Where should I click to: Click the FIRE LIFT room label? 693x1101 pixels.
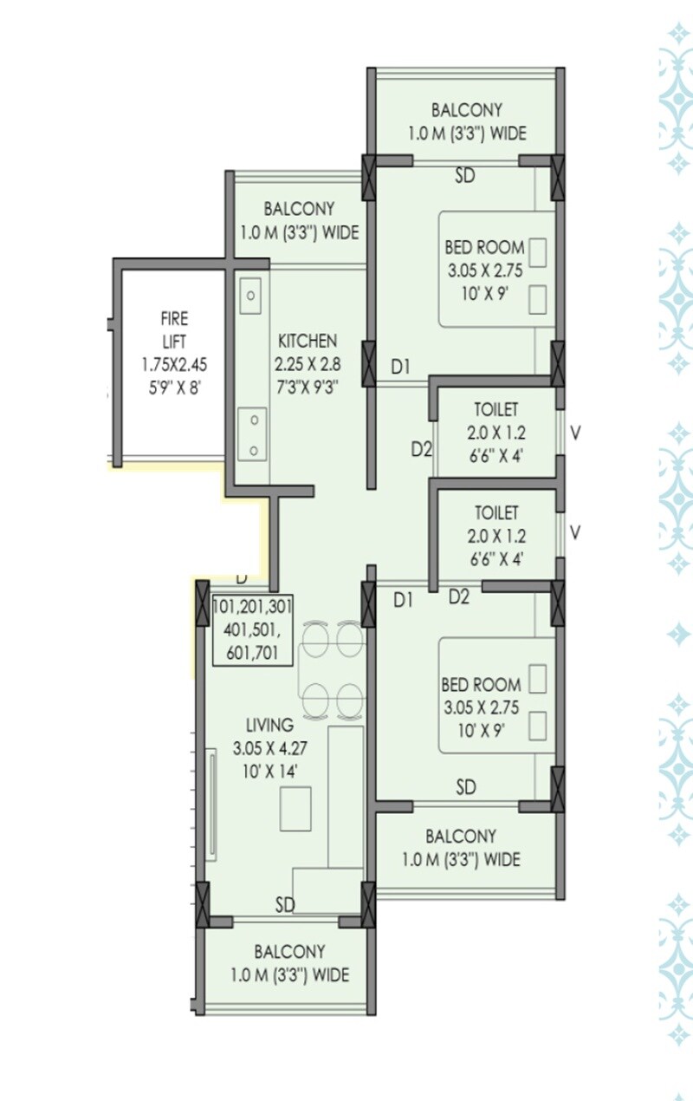coord(173,330)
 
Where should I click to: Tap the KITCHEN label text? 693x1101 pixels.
coord(308,341)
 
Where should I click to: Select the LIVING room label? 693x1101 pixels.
coord(269,725)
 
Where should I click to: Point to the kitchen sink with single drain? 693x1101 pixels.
coord(250,296)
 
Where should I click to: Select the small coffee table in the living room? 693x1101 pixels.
coord(295,808)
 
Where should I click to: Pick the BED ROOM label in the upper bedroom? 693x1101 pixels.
coord(484,248)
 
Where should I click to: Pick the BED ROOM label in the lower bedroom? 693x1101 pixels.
coord(481,685)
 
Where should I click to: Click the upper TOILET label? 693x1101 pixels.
coord(496,409)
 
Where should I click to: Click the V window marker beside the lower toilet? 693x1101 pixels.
coord(574,531)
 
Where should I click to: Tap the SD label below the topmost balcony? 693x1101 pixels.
coord(465,176)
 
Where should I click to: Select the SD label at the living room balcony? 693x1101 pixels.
coord(286,905)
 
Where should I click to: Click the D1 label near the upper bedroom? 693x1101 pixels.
coord(399,368)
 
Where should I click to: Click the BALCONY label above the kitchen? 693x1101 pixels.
coord(299,209)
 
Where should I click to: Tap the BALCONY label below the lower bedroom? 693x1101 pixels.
coord(461,837)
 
